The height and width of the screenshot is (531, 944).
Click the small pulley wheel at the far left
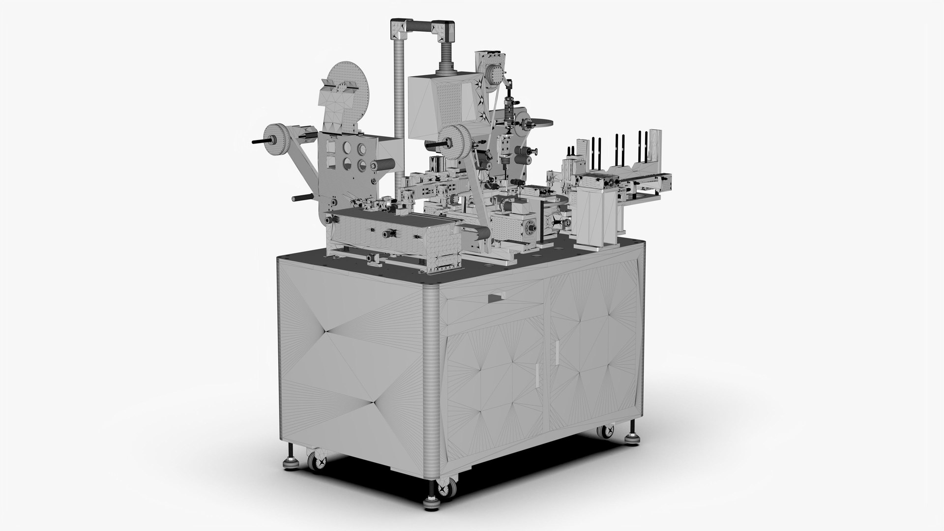pyautogui.click(x=275, y=137)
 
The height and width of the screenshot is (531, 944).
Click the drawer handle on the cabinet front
pyautogui.click(x=497, y=297)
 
